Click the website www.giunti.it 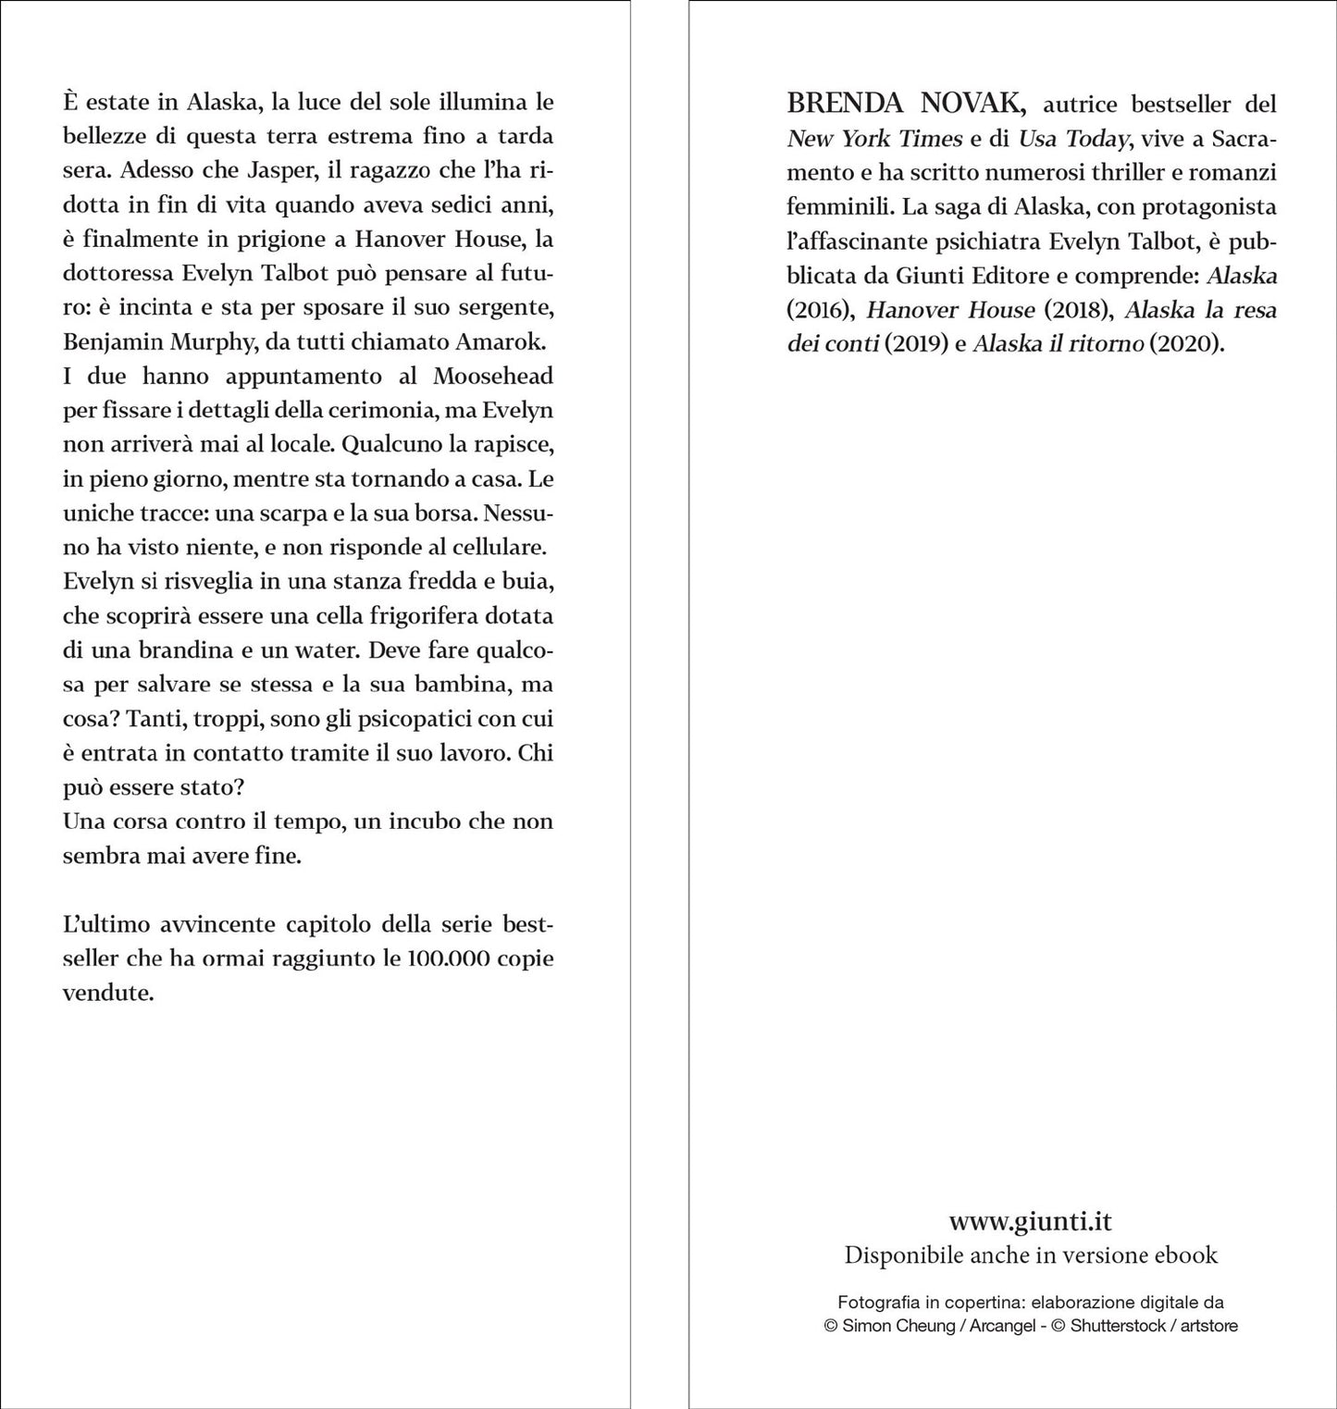pos(1030,1221)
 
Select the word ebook pos(1185,1255)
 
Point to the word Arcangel pos(1003,1326)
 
